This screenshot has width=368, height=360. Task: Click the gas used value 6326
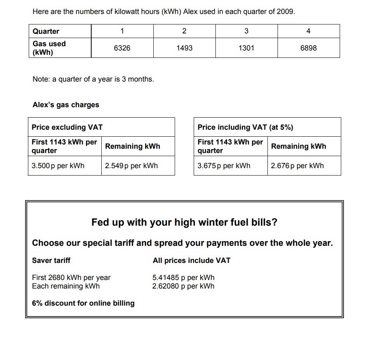pos(122,48)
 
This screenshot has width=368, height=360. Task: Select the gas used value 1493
pos(184,48)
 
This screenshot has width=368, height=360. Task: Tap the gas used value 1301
pos(246,48)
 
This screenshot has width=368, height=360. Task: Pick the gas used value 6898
pos(308,48)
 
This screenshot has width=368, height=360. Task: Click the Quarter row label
pos(46,31)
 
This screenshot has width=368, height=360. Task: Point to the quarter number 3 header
pos(246,31)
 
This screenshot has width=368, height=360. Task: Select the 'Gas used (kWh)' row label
pos(49,48)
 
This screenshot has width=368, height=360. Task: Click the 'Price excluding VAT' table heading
pos(67,127)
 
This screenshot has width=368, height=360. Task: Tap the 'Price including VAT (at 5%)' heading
pos(245,127)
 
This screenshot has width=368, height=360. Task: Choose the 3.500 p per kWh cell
pos(58,166)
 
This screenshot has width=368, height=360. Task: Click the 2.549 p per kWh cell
pos(131,166)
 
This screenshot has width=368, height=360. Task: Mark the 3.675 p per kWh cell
pos(224,166)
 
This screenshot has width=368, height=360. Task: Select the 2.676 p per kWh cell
pos(297,166)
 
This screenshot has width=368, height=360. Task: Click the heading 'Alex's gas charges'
pos(66,105)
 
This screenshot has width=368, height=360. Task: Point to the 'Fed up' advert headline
pos(184,223)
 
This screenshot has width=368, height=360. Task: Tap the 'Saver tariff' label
pos(51,261)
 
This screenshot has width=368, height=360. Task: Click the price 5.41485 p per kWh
pos(183,278)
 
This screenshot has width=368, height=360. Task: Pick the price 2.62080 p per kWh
pos(183,286)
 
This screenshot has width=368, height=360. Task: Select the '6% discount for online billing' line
pos(83,303)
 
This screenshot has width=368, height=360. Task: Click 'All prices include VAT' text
pos(191,261)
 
